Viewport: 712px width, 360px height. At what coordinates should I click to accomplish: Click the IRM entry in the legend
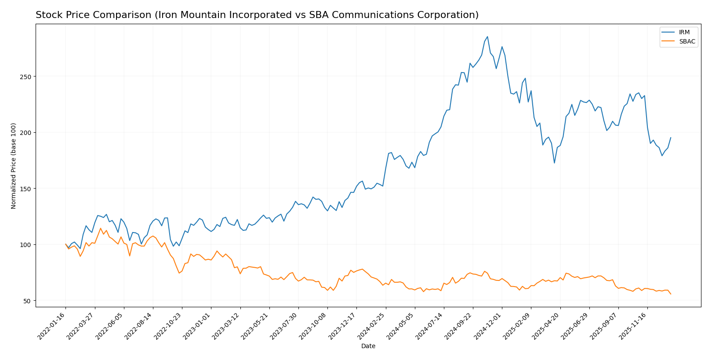(x=684, y=33)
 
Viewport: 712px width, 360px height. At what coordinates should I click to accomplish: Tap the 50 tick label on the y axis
(x=27, y=301)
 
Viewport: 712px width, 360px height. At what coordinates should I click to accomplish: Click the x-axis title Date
(x=368, y=346)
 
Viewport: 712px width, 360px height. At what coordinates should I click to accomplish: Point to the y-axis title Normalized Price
(x=14, y=166)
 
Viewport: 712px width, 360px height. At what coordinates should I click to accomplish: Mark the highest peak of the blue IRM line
(x=487, y=36)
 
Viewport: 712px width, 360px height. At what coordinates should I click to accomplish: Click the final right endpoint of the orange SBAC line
(x=671, y=294)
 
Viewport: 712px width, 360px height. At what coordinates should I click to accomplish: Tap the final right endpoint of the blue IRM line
(x=671, y=138)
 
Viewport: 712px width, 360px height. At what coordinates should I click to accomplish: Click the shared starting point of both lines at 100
(x=65, y=244)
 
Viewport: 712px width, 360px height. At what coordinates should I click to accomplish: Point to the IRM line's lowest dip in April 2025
(x=554, y=163)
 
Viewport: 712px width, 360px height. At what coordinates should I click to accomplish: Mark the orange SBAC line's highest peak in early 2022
(x=100, y=228)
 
